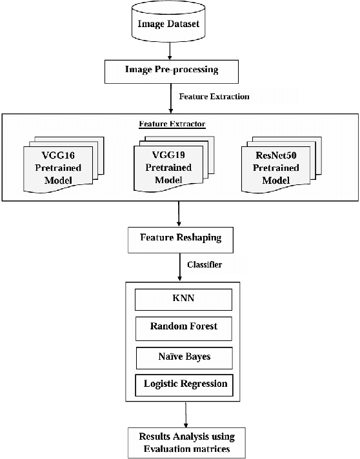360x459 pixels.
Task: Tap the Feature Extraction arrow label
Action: (214, 96)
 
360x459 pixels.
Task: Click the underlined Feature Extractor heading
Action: (172, 122)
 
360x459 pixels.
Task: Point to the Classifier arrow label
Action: (206, 264)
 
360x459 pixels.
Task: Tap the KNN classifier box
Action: (183, 300)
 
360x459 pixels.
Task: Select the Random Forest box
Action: (183, 327)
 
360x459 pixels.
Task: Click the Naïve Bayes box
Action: (183, 355)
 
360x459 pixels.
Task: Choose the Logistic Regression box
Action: (183, 384)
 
